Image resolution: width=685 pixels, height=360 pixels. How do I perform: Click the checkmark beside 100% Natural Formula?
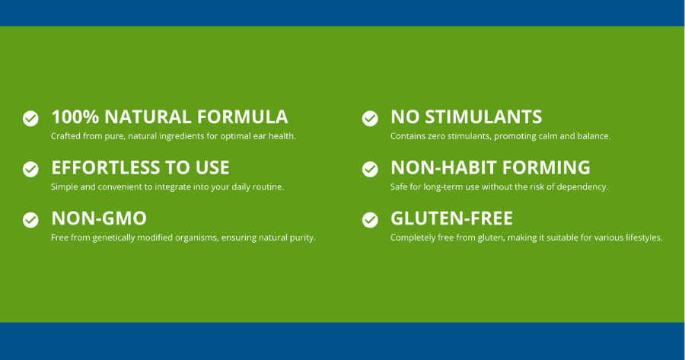click(x=30, y=118)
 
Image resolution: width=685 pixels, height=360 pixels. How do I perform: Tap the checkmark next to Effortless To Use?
click(x=30, y=169)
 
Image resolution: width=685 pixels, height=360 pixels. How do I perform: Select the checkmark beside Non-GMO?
click(x=30, y=220)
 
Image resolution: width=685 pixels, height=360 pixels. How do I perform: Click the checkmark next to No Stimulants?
click(x=370, y=118)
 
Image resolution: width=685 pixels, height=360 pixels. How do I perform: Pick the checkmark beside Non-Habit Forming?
click(x=370, y=169)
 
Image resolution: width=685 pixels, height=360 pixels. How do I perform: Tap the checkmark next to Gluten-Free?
click(x=370, y=220)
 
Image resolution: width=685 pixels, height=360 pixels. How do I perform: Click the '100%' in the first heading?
click(x=75, y=117)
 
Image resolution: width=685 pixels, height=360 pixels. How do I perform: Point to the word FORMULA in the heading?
click(x=243, y=117)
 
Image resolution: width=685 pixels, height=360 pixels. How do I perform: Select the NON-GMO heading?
click(x=99, y=218)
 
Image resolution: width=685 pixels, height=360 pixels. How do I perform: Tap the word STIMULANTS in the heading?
click(x=483, y=117)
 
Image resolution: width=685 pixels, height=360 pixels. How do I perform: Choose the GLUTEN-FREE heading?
click(x=451, y=218)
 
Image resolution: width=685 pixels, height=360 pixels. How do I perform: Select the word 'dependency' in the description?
click(x=581, y=187)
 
